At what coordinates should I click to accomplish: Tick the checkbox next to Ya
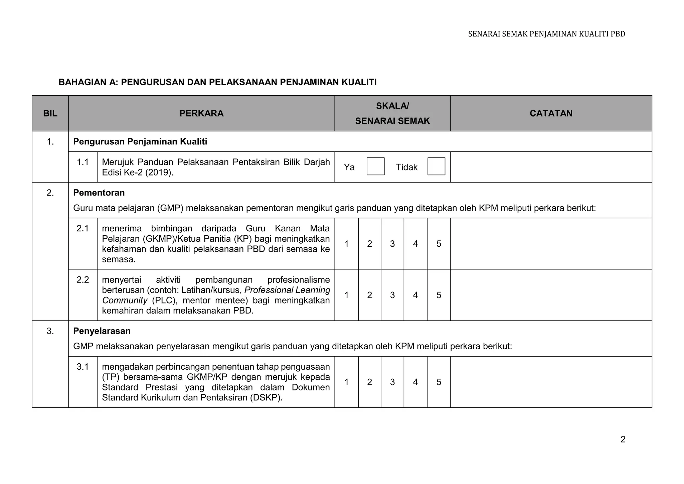click(x=375, y=166)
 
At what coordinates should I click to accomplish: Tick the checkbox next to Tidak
click(x=436, y=166)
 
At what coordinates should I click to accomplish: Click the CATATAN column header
click(x=551, y=113)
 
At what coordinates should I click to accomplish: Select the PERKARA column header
click(x=201, y=113)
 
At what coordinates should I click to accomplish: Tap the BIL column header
click(x=50, y=113)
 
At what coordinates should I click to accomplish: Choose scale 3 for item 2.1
click(x=392, y=244)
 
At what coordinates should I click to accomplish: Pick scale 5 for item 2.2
click(x=439, y=295)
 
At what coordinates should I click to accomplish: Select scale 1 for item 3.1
click(x=347, y=382)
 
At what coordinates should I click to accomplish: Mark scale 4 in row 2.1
click(x=415, y=244)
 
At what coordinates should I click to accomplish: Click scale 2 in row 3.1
click(x=369, y=382)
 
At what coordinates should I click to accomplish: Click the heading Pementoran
click(x=99, y=193)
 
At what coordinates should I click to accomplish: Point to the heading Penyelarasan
click(x=102, y=331)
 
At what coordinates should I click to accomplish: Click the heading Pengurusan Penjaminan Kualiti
click(x=140, y=142)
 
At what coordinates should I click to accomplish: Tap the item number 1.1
click(x=82, y=162)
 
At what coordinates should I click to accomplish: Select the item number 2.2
click(x=82, y=280)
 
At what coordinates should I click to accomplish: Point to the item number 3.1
click(x=82, y=367)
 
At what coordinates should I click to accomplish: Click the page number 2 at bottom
click(x=623, y=439)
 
